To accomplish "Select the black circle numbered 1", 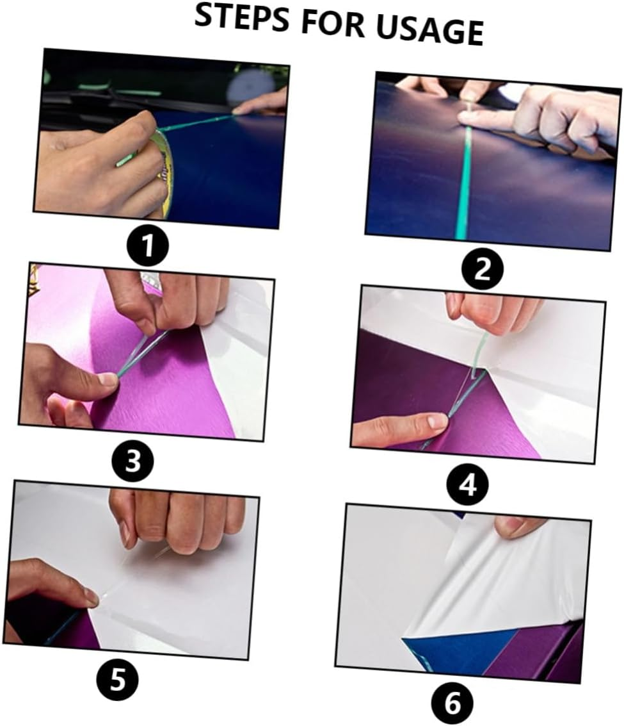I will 148,247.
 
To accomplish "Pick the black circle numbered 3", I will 132,461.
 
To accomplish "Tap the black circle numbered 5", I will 118,679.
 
